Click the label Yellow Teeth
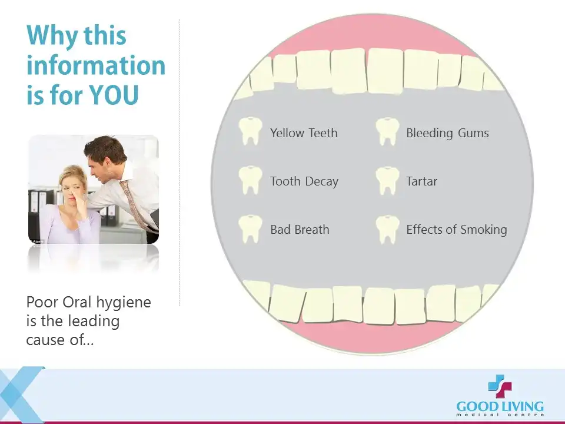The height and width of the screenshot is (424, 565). tap(304, 133)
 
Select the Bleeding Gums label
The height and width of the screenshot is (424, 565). tap(447, 134)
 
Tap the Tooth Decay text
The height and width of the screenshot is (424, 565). tap(304, 181)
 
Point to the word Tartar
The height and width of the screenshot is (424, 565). tap(421, 181)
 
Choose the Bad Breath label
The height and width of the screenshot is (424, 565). tap(300, 229)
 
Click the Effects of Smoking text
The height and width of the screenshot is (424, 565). tap(457, 230)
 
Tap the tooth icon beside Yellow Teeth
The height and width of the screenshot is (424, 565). tap(250, 131)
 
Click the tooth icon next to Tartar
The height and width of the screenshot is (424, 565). tap(387, 181)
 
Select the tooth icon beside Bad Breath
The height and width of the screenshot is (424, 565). tap(250, 229)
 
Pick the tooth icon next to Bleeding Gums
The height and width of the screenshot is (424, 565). tap(387, 131)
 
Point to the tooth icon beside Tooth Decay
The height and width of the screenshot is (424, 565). tap(250, 180)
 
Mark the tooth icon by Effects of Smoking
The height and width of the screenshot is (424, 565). tap(387, 229)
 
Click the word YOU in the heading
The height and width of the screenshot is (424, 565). tap(114, 95)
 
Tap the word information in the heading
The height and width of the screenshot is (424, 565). tap(96, 65)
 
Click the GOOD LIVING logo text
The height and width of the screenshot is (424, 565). tap(500, 407)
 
